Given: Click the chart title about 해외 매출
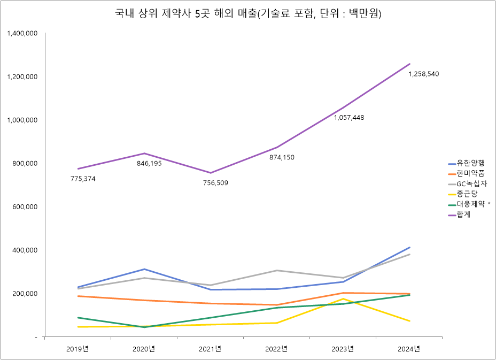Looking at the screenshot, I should pyautogui.click(x=247, y=14).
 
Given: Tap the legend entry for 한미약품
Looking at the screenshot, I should pyautogui.click(x=470, y=173).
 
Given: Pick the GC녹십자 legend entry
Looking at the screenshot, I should pyautogui.click(x=471, y=183).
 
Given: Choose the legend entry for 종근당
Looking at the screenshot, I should pyautogui.click(x=467, y=194).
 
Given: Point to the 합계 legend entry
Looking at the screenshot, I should pyautogui.click(x=463, y=215).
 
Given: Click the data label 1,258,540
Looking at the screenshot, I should pyautogui.click(x=424, y=74).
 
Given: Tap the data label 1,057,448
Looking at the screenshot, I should pyautogui.click(x=349, y=118).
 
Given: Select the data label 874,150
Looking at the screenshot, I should pyautogui.click(x=281, y=157).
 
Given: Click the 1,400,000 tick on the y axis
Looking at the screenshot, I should pyautogui.click(x=22, y=33).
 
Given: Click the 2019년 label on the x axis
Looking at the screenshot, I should pyautogui.click(x=77, y=349).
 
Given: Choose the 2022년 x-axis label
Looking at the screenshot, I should pyautogui.click(x=276, y=349).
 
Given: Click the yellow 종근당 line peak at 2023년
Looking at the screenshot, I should pyautogui.click(x=343, y=298).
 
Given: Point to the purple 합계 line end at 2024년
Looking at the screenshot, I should pyautogui.click(x=409, y=64).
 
